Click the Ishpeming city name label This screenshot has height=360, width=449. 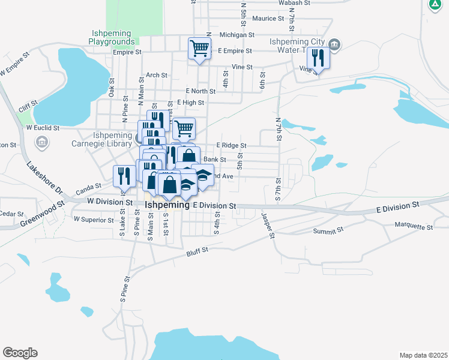tap(167, 205)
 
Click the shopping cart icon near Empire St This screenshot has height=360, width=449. tap(199, 47)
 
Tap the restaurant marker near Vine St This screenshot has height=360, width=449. tap(318, 58)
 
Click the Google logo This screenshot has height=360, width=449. tap(20, 353)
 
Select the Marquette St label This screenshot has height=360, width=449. tap(414, 226)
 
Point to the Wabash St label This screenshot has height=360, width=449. tap(294, 3)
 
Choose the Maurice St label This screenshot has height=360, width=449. tap(268, 19)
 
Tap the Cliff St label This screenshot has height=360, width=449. tap(24, 107)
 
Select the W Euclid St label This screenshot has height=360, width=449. tap(43, 127)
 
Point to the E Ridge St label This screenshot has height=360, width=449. tap(231, 146)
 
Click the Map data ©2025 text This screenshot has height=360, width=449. tap(423, 355)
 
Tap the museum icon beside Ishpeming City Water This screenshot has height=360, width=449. tap(335, 44)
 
